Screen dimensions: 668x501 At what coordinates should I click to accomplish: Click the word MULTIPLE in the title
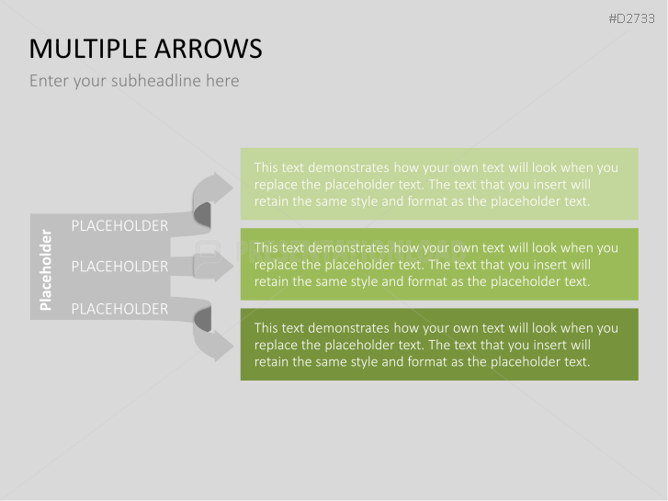pyautogui.click(x=88, y=49)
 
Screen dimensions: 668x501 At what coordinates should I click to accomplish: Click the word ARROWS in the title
pyautogui.click(x=209, y=49)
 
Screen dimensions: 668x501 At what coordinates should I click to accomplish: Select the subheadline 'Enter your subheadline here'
pyautogui.click(x=134, y=81)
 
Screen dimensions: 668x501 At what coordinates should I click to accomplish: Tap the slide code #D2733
pyautogui.click(x=631, y=18)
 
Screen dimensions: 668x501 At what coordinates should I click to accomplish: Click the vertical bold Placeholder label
pyautogui.click(x=46, y=270)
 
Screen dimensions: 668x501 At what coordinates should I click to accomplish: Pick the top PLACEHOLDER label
pyautogui.click(x=119, y=225)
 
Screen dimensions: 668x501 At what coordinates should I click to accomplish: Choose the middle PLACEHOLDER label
pyautogui.click(x=119, y=267)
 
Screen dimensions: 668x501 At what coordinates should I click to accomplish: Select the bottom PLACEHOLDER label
pyautogui.click(x=119, y=309)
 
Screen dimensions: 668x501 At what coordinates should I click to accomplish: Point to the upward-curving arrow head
pyautogui.click(x=222, y=188)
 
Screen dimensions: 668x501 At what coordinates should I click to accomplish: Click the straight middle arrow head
pyautogui.click(x=223, y=266)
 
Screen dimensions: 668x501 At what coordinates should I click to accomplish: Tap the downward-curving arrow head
pyautogui.click(x=222, y=346)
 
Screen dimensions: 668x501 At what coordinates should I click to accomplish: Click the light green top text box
pyautogui.click(x=439, y=184)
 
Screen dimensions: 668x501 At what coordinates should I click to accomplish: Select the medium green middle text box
pyautogui.click(x=439, y=265)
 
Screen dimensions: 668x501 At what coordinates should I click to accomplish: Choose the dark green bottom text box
pyautogui.click(x=439, y=345)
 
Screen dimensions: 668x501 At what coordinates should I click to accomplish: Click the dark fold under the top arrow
pyautogui.click(x=203, y=214)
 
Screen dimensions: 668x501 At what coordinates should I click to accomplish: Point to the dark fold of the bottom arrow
pyautogui.click(x=203, y=319)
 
